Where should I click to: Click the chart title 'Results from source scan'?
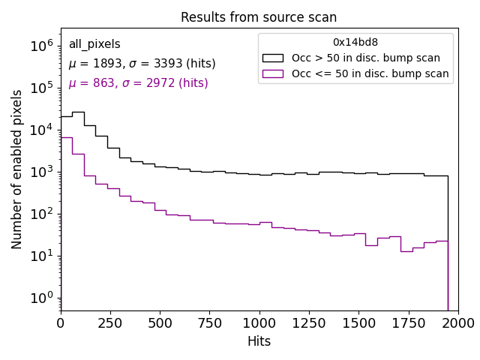coord(259,17)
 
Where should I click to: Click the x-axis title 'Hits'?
coord(259,341)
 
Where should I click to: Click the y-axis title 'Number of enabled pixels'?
coord(17,169)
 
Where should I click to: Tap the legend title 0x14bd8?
coord(355,43)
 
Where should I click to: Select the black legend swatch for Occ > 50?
coord(274,58)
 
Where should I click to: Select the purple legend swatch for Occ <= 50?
coord(274,73)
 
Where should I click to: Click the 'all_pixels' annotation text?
coord(94,44)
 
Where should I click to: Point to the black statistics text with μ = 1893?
coord(142,64)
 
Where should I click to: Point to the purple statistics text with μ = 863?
coord(138,83)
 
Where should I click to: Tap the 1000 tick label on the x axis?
coord(259,322)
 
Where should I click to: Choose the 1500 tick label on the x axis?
coord(358,322)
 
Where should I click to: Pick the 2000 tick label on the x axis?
coord(457,322)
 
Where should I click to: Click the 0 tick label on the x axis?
coord(61,322)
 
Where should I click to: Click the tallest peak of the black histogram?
coord(78,112)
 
